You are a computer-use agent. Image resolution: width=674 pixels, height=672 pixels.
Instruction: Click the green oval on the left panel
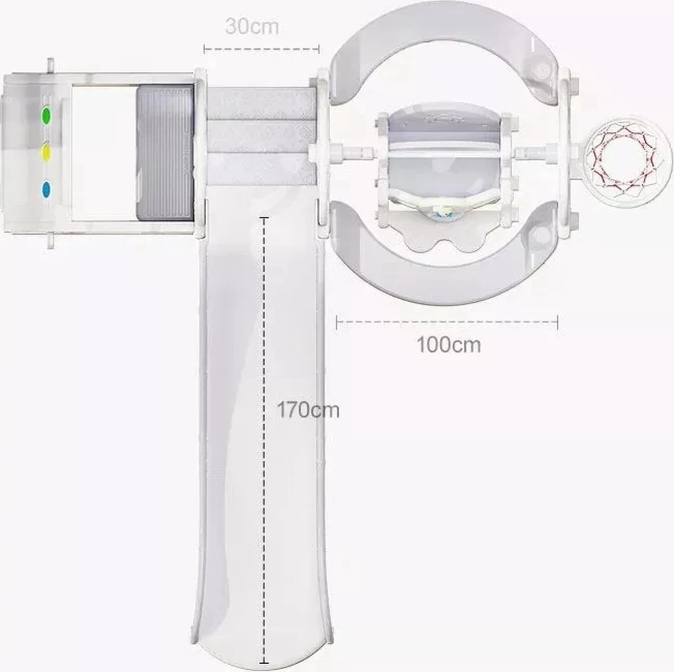tap(46, 115)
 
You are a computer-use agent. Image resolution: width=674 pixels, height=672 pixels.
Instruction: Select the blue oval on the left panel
tap(46, 190)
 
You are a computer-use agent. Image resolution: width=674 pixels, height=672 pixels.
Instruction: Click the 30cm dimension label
tap(252, 26)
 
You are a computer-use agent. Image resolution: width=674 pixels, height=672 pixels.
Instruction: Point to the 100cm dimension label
tap(449, 345)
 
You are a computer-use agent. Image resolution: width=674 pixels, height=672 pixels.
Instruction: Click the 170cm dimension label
tap(308, 410)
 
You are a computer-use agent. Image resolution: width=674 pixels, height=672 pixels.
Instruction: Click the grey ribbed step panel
tap(165, 153)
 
